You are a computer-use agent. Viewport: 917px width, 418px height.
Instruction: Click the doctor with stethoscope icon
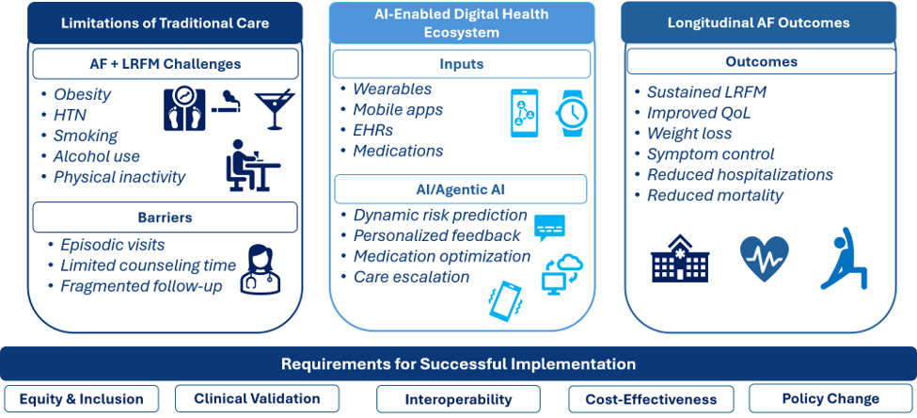tap(261, 269)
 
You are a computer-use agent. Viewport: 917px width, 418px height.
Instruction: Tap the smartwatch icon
tap(570, 113)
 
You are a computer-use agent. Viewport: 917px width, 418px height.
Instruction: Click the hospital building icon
tap(680, 258)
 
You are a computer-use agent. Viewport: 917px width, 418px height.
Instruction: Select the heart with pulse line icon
tap(765, 257)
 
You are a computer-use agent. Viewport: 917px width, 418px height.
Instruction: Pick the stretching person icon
tap(846, 258)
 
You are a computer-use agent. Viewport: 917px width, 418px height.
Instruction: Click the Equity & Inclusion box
tap(81, 399)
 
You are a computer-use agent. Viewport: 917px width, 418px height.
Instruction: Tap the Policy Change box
tap(830, 398)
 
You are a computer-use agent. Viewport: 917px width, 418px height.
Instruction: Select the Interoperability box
tap(458, 400)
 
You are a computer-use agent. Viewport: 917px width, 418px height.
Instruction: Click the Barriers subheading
tap(165, 217)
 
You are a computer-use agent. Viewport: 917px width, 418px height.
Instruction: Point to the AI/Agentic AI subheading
tap(460, 189)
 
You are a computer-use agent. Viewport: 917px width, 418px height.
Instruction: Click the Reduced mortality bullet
tap(715, 196)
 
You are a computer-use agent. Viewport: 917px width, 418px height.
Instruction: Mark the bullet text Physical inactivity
tap(119, 177)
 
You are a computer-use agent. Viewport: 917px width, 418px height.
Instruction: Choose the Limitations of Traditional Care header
tap(165, 24)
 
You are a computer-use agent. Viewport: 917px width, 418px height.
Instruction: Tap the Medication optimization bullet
tap(441, 256)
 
